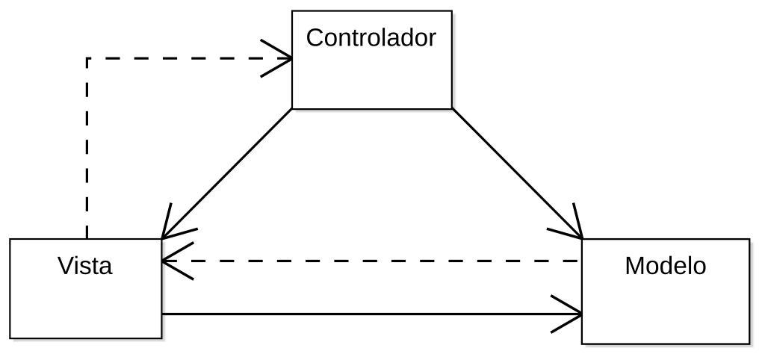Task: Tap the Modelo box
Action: (665, 306)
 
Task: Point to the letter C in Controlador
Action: (315, 37)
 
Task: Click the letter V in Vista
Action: (66, 265)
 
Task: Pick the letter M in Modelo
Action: (634, 266)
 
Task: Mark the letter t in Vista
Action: (95, 266)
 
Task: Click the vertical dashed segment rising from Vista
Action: (87, 149)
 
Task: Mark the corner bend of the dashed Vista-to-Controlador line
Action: (87, 58)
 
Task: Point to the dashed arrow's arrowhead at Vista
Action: (172, 261)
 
